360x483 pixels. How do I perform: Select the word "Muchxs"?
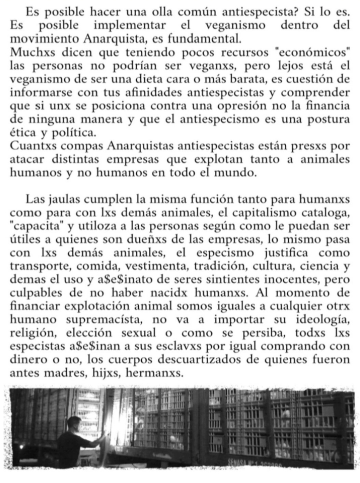coord(28,52)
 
